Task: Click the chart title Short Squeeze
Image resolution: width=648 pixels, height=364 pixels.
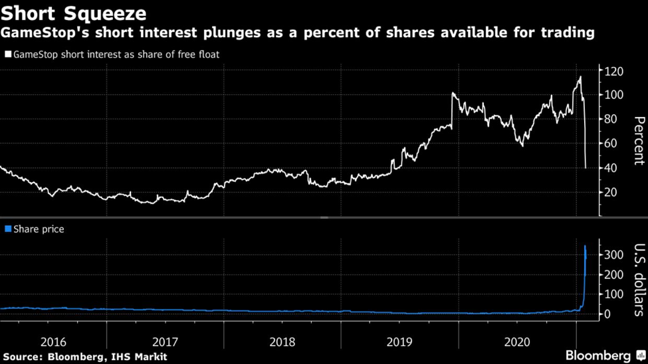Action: point(74,13)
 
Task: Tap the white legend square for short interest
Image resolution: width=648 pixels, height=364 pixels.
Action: point(8,54)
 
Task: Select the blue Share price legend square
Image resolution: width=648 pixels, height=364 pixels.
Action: point(8,229)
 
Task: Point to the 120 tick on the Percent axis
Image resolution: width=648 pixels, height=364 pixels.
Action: point(613,70)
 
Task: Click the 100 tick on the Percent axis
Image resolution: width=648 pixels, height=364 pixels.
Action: point(613,95)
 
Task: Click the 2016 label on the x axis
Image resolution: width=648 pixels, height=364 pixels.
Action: point(53,342)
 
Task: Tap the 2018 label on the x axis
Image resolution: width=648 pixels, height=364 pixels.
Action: point(282,342)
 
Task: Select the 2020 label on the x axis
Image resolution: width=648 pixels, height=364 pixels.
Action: point(517,342)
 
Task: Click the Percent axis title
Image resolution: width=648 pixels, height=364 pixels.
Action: point(639,140)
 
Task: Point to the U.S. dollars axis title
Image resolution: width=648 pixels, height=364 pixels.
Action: point(639,280)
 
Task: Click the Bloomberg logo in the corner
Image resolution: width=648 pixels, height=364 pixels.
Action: point(601,356)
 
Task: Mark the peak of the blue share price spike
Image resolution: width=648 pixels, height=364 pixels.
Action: point(585,246)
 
